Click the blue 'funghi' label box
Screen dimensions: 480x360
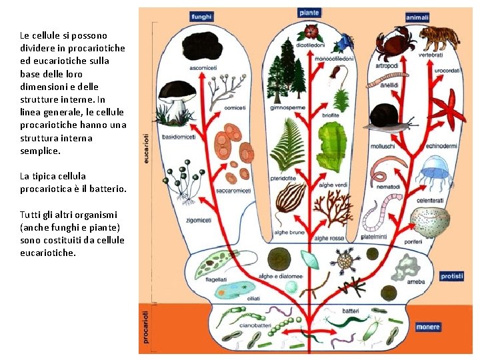[201, 16]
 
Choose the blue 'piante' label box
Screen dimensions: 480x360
[309, 12]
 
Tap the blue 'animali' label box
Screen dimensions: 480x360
[417, 17]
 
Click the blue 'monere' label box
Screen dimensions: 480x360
[428, 327]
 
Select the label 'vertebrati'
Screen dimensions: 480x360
[431, 55]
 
